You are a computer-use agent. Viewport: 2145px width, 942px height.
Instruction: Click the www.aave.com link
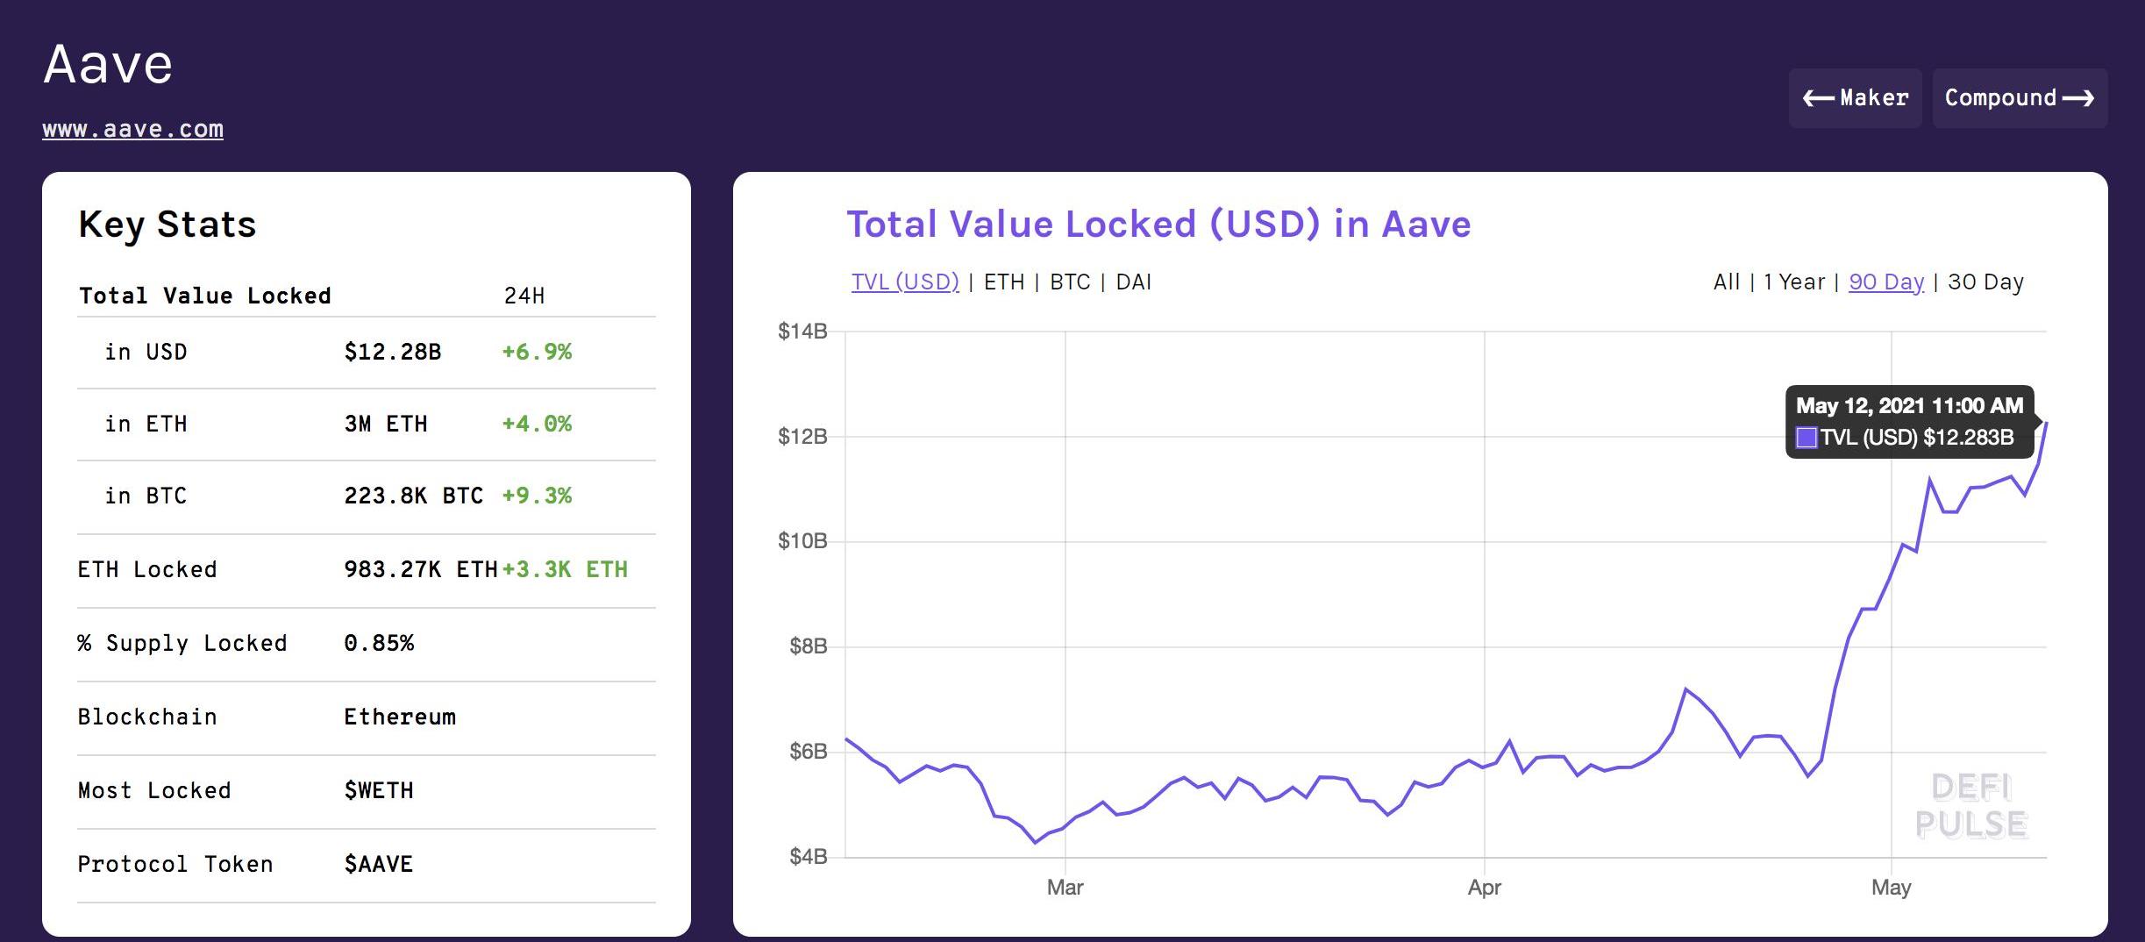point(132,129)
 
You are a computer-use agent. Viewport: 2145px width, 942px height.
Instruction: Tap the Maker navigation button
point(1855,97)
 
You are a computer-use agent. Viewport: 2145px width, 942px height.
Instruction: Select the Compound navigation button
point(2019,97)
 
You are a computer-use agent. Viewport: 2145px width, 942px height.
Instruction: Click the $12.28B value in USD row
point(392,352)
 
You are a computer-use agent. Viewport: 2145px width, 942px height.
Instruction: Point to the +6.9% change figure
point(536,352)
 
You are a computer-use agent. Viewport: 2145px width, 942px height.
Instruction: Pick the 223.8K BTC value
point(413,496)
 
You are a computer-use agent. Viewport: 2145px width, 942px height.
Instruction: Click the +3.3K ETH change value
point(565,569)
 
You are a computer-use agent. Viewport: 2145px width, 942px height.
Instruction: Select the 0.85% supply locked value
point(379,643)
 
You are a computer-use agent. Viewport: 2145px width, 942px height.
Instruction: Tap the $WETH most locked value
point(379,790)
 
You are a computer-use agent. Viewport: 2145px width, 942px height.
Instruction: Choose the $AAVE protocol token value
point(379,864)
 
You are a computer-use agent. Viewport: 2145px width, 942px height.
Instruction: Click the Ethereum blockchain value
point(400,717)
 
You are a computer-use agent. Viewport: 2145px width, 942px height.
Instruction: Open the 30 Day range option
point(1985,282)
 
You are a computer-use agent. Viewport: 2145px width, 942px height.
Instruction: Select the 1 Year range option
point(1793,282)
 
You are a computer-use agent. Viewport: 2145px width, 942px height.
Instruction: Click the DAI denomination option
point(1133,282)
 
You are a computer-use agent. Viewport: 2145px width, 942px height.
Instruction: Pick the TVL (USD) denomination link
point(905,282)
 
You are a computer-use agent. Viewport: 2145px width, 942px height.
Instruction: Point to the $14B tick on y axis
point(802,331)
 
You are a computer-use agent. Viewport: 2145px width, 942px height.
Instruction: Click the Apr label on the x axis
point(1484,887)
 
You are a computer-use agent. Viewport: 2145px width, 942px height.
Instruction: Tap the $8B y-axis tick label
point(808,646)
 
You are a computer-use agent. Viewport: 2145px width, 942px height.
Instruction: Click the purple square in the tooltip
point(1807,438)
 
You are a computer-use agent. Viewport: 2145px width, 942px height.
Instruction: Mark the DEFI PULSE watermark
point(1971,806)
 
